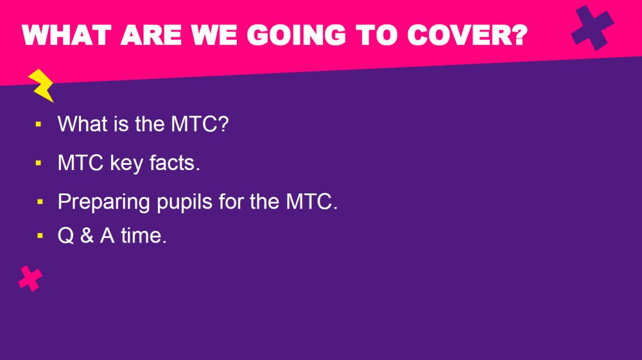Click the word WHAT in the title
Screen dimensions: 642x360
click(67, 35)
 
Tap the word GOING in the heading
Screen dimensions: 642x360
click(296, 35)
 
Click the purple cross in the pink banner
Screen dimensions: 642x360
click(592, 28)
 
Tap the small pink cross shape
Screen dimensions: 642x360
click(30, 279)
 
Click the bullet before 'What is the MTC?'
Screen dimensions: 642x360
click(39, 124)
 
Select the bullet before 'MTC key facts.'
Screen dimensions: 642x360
click(39, 163)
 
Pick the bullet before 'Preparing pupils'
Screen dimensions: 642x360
click(40, 202)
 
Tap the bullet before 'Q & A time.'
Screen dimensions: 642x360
click(40, 236)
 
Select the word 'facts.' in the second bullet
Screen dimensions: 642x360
click(175, 163)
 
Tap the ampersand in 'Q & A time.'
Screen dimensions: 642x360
click(87, 236)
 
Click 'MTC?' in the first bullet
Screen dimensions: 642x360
click(200, 123)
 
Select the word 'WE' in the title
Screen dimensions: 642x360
click(214, 35)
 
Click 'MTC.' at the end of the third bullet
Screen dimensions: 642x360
click(312, 202)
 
